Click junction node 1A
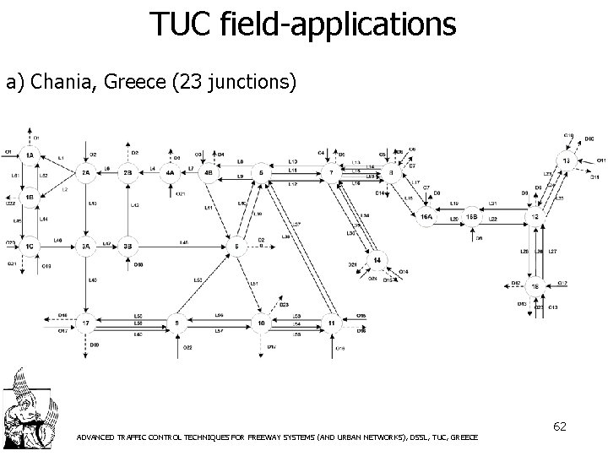[x=30, y=155]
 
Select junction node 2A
[x=85, y=174]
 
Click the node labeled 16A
[x=427, y=217]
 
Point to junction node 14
[x=378, y=259]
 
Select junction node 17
[x=85, y=323]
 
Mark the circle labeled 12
[x=534, y=217]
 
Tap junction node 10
[x=263, y=323]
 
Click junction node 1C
[x=30, y=247]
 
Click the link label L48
[x=183, y=242]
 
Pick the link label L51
[x=253, y=284]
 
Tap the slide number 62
[x=559, y=428]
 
